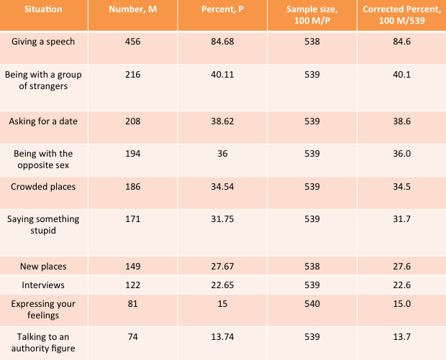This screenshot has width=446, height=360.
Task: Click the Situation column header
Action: tap(43, 9)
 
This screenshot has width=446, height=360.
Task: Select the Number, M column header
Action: tap(133, 9)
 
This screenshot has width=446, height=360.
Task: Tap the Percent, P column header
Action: tap(222, 9)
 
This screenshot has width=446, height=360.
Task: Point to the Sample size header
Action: tap(312, 15)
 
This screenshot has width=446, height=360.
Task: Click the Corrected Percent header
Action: tap(401, 15)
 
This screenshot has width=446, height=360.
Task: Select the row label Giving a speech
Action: tap(43, 42)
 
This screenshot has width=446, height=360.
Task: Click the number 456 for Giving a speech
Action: tap(133, 42)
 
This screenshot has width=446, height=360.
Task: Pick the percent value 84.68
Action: tap(222, 42)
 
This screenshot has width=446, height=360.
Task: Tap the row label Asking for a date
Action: tap(43, 121)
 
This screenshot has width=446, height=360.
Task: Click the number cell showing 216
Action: tap(133, 75)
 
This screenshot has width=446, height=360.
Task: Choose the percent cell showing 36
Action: tap(222, 154)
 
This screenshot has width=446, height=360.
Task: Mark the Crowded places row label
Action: tap(43, 187)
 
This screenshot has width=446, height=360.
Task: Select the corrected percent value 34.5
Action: tap(401, 187)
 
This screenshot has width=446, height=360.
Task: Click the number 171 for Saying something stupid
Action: tap(133, 219)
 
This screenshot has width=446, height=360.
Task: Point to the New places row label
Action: tap(43, 267)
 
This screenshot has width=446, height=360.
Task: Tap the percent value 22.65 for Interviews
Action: tap(222, 285)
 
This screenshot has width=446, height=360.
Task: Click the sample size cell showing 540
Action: tap(312, 304)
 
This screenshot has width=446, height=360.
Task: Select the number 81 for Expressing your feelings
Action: tap(133, 304)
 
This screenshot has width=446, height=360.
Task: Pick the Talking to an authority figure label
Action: tap(43, 343)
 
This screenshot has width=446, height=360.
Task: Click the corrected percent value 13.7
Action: tap(401, 337)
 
